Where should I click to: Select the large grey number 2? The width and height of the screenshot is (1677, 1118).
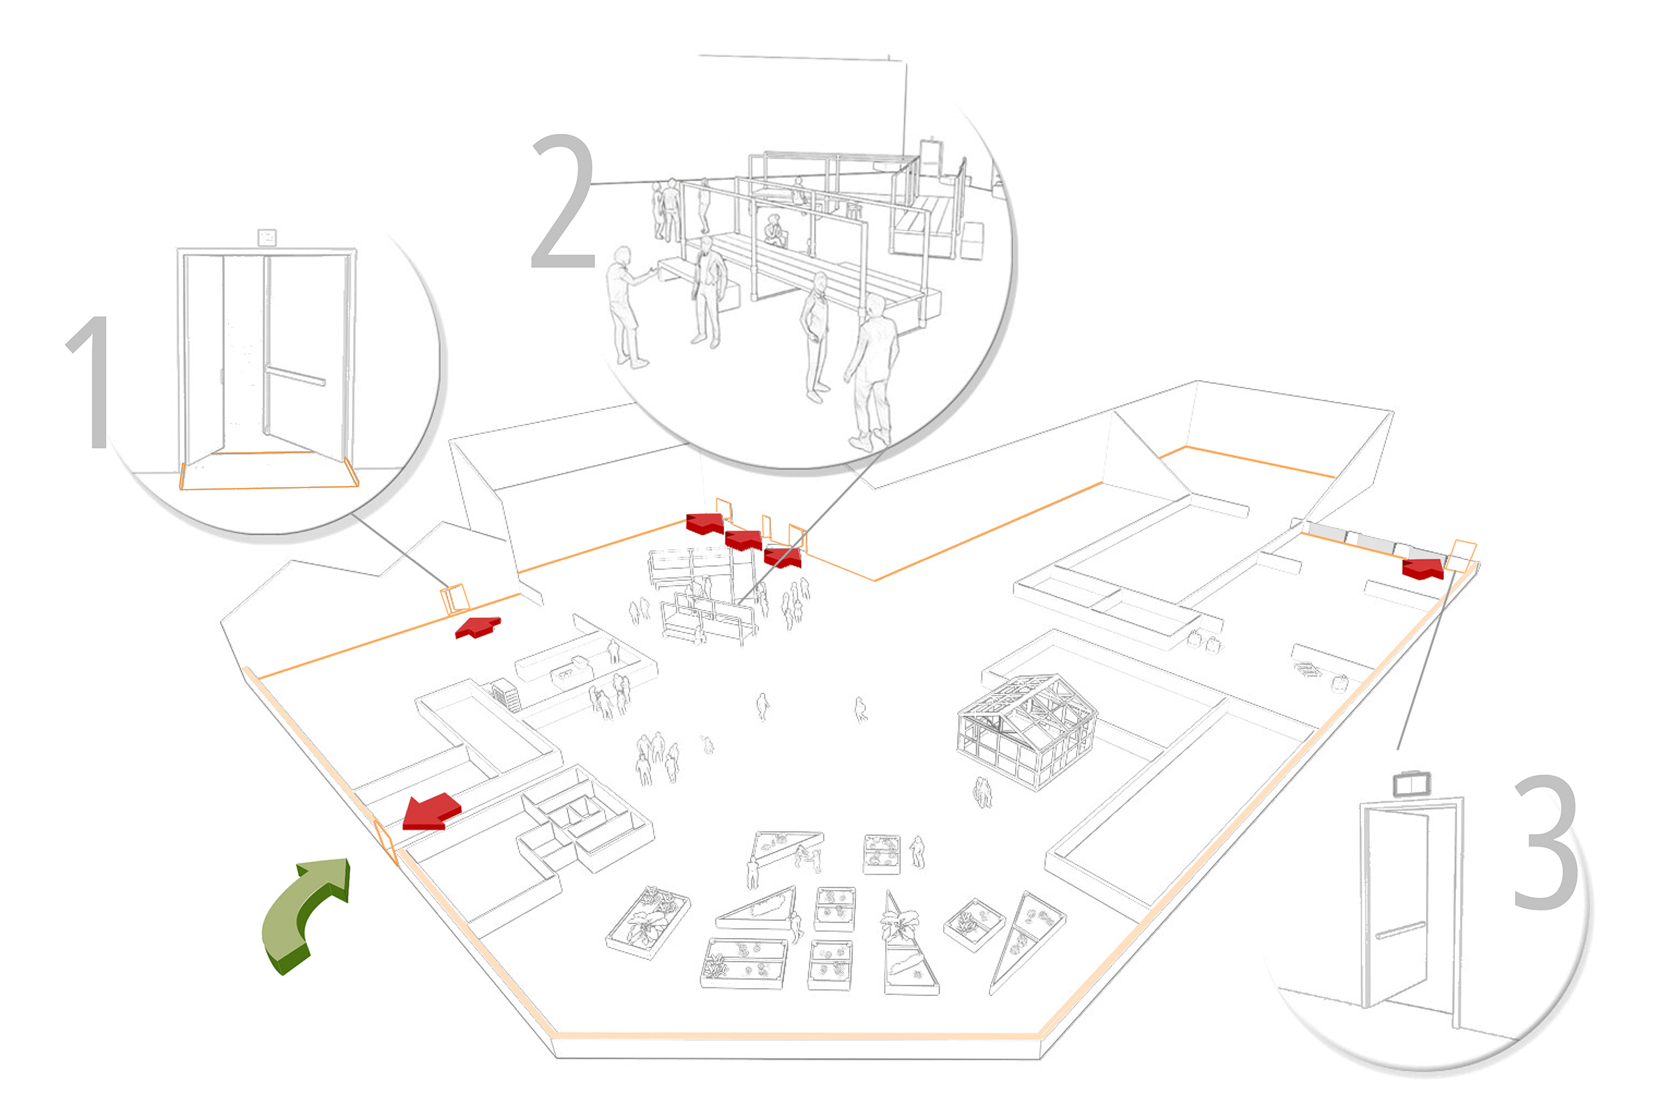(x=563, y=203)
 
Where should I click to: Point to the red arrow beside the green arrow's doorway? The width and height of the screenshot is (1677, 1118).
(x=431, y=813)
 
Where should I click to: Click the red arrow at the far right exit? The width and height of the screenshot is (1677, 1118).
(x=1422, y=569)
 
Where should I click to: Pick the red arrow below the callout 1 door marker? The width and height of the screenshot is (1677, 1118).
(x=478, y=628)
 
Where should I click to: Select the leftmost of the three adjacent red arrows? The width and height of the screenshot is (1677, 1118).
(x=705, y=522)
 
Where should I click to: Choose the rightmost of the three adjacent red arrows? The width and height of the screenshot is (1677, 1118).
(x=782, y=556)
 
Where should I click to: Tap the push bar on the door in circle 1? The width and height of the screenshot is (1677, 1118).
(x=296, y=377)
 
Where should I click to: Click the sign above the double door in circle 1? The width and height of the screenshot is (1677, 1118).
(x=266, y=236)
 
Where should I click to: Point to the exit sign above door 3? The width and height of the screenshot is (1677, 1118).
(x=1413, y=785)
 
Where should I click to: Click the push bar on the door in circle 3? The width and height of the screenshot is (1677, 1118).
(x=1400, y=930)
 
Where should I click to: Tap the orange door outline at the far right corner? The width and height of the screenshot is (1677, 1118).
(x=1462, y=554)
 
